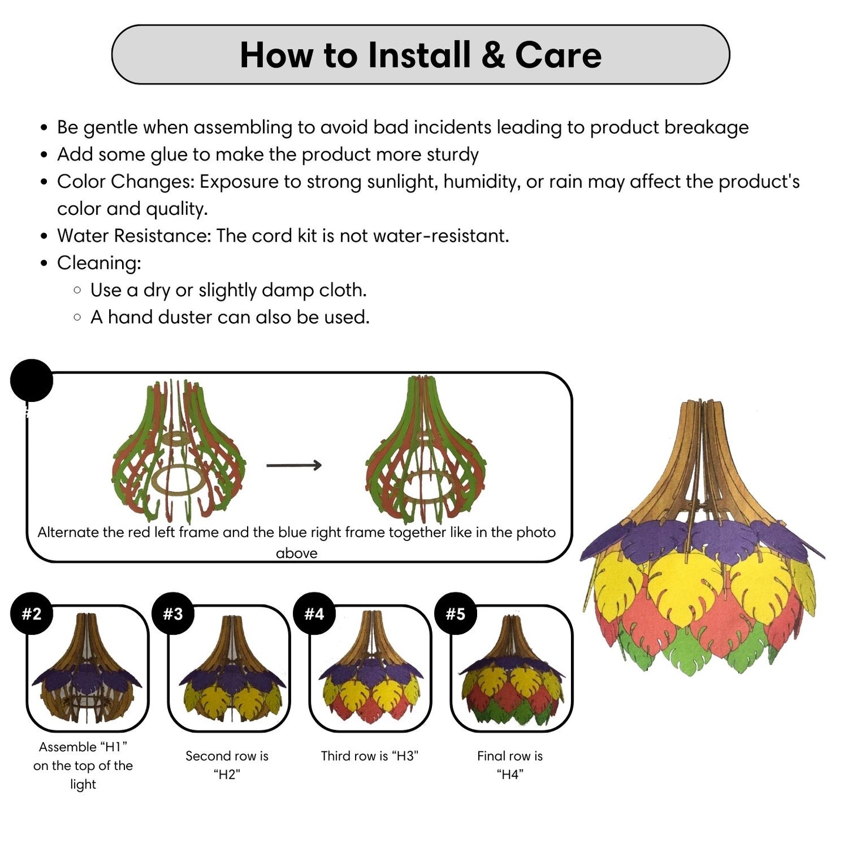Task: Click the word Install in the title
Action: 420,55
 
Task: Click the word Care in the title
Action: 558,55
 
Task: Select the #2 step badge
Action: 32,614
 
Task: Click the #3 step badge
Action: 173,614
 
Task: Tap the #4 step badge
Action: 314,614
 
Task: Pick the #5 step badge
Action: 455,614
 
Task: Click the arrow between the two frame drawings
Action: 294,465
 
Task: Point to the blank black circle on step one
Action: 32,380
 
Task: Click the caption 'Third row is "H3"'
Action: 370,756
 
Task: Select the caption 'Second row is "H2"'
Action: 227,765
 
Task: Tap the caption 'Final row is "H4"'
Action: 510,765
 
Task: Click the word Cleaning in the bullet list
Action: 99,263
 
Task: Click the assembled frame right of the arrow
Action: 425,452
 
